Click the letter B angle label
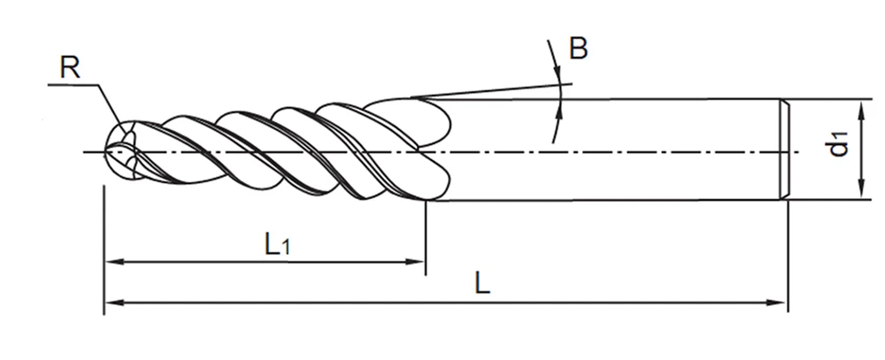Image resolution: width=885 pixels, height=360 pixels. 578,49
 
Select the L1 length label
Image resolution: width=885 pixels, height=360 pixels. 277,244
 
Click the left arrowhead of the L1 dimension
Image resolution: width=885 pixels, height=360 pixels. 113,262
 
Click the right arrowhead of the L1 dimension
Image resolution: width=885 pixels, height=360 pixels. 415,262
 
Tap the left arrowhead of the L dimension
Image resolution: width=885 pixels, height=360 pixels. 114,303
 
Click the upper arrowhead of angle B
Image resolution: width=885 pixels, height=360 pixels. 558,73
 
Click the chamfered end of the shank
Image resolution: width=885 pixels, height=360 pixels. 784,149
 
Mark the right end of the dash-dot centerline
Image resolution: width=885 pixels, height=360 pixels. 799,152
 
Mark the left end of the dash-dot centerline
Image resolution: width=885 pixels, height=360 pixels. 84,152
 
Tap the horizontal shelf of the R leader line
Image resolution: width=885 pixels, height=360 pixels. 73,85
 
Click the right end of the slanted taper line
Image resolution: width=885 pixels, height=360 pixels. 573,84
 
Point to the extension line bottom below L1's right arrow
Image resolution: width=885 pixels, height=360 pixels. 426,275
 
